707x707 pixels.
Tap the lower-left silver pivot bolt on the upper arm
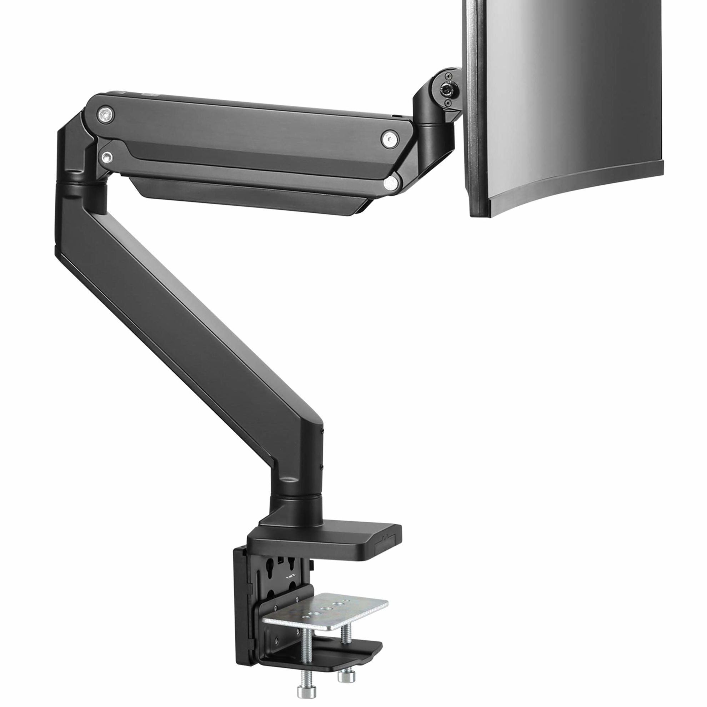coord(106,157)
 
